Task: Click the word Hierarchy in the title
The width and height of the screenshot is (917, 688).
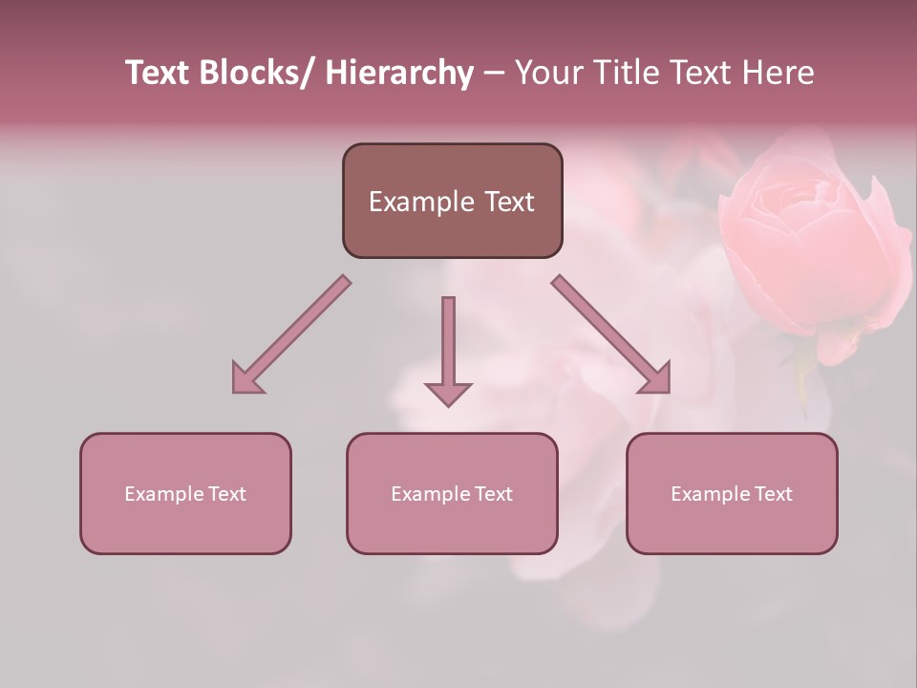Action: coord(399,73)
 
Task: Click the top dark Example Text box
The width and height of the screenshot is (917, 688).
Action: coord(452,201)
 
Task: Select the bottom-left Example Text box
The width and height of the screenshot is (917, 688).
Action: coord(185,493)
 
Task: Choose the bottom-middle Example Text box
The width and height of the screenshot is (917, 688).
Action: coord(452,493)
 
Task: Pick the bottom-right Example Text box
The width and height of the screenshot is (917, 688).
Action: coord(732,493)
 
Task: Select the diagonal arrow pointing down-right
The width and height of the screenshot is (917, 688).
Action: coord(611,334)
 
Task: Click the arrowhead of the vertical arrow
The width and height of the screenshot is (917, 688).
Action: coord(448,393)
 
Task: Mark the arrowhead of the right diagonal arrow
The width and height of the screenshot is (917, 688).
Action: coord(656,378)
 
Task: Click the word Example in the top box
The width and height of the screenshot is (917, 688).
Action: coord(421,202)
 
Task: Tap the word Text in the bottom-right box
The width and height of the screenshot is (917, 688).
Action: coord(774,494)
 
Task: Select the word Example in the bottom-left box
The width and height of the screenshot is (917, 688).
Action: coord(164,494)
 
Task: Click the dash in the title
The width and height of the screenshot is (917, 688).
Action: coord(494,75)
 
